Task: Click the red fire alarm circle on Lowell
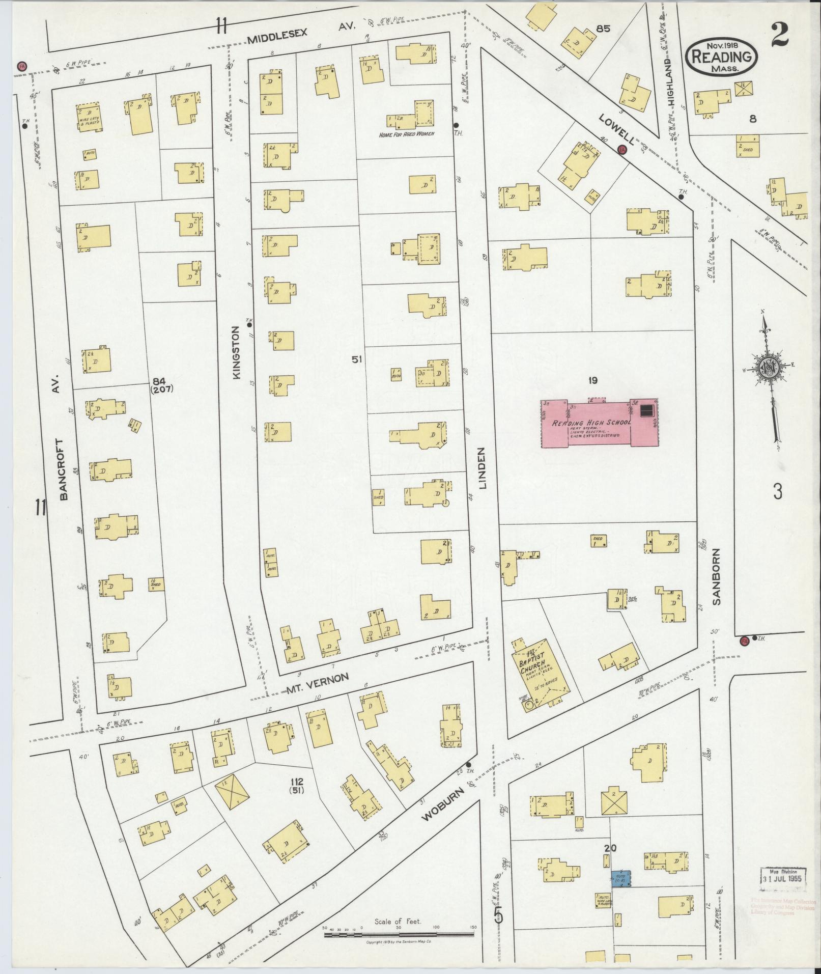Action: [621, 150]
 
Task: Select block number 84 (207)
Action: [162, 385]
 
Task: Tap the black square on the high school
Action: [647, 410]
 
